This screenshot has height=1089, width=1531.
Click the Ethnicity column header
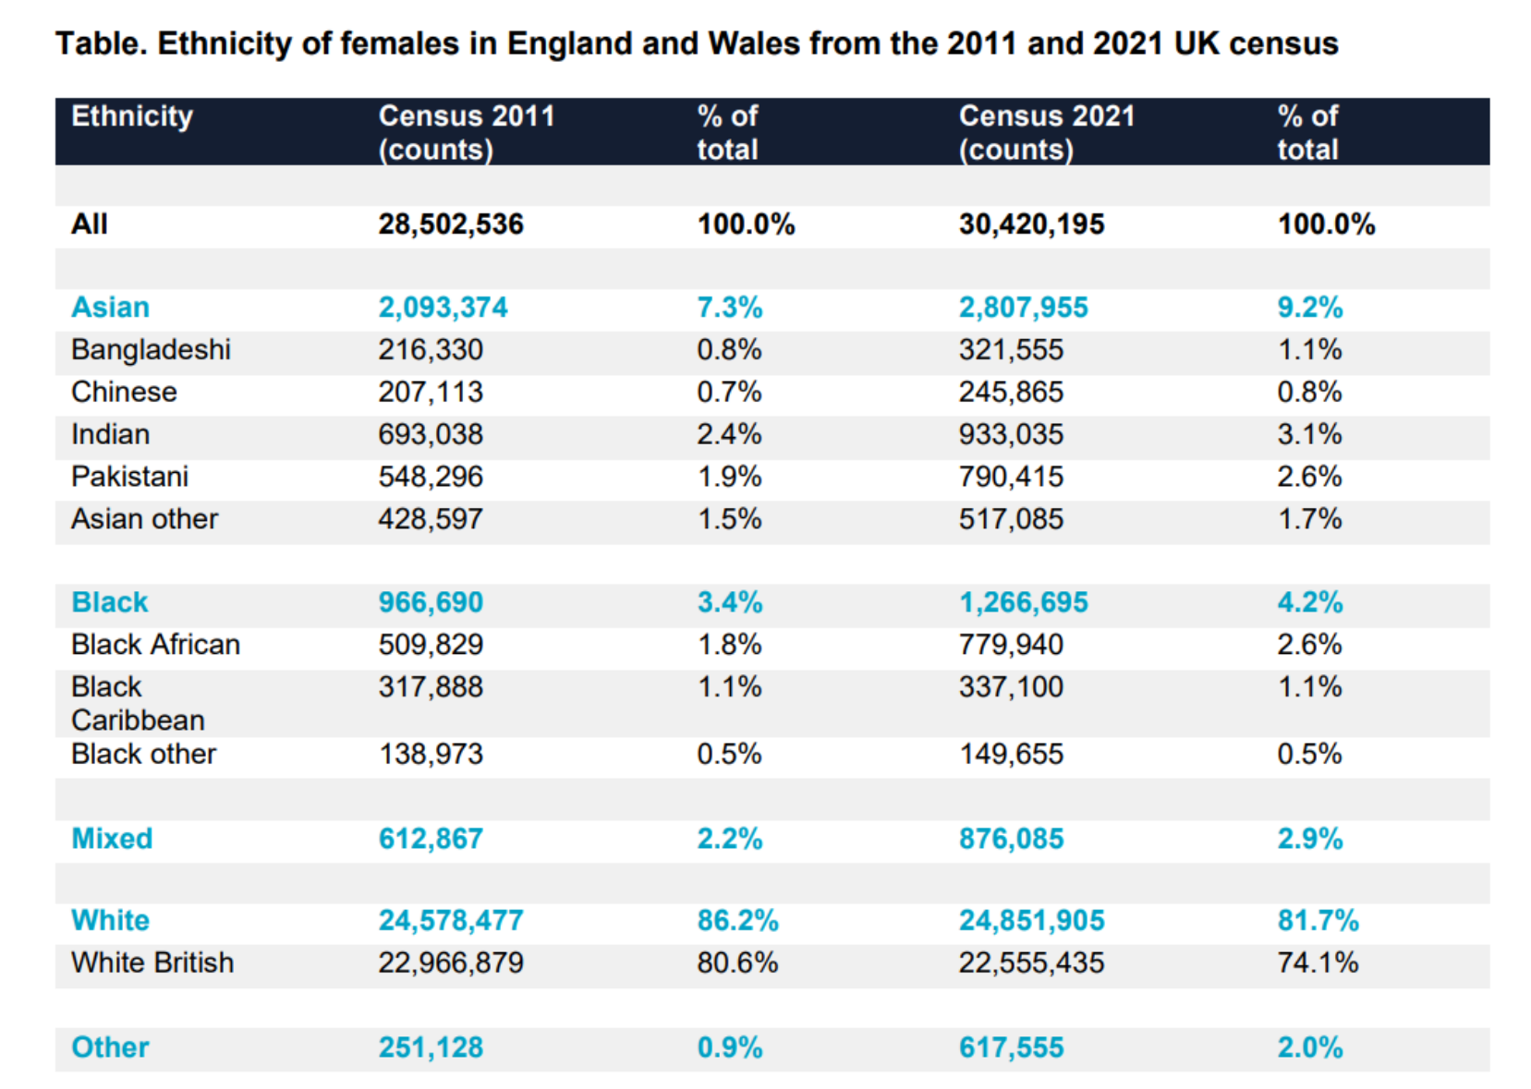(132, 116)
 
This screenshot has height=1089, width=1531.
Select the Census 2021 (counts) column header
(1046, 132)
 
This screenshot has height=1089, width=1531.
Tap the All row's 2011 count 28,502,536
(450, 224)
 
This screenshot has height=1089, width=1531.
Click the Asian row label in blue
(110, 308)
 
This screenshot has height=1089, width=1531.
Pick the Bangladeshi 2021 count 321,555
(1011, 350)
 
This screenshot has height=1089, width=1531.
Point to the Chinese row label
(124, 393)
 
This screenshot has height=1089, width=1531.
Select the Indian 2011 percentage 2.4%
(729, 435)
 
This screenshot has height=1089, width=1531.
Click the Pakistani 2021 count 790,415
(1011, 478)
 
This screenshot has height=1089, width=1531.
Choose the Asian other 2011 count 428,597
(430, 519)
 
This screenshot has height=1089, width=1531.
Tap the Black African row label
(155, 645)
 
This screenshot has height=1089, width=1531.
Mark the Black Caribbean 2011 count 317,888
(430, 687)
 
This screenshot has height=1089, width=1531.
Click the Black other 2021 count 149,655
(1011, 755)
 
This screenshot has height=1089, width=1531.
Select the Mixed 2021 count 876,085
(1011, 839)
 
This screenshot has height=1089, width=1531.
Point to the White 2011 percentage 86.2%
(737, 921)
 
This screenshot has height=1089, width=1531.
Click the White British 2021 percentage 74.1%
(1318, 963)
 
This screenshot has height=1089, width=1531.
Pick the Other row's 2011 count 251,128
(430, 1047)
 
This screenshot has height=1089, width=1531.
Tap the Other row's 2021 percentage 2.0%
(1309, 1047)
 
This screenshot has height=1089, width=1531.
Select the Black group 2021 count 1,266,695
(1023, 603)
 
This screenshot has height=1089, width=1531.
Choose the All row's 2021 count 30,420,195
(1031, 224)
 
